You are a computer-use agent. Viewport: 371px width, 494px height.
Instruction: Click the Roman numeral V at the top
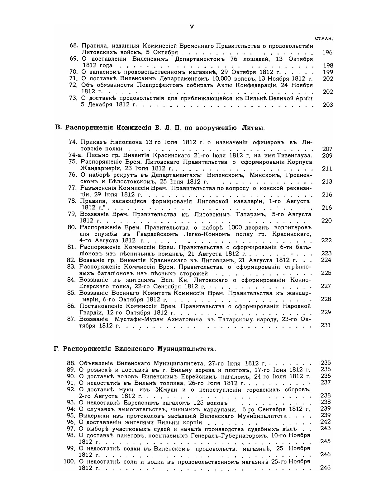click(192, 27)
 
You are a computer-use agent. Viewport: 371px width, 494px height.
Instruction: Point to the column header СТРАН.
click(324, 39)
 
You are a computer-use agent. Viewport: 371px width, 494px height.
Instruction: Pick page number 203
click(328, 105)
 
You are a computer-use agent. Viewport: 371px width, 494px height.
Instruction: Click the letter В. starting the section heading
click(57, 128)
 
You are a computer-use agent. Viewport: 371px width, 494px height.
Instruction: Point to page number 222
click(326, 240)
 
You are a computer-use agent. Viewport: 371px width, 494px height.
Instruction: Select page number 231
click(326, 325)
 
